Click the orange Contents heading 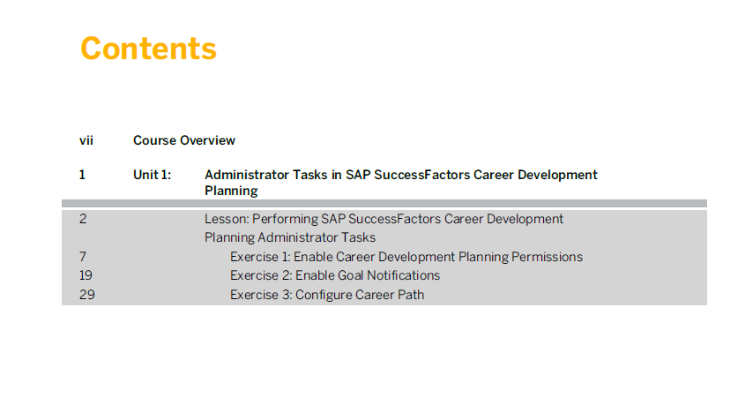148,48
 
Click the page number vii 86,140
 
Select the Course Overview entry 184,140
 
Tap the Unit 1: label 152,175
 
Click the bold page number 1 82,175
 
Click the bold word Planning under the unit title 231,191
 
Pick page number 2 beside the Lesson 83,219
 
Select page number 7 83,257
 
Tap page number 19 86,275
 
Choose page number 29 87,295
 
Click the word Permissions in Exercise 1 547,257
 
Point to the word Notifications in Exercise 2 403,275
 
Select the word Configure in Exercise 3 324,296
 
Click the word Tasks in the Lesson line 359,237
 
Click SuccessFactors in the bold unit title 422,175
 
